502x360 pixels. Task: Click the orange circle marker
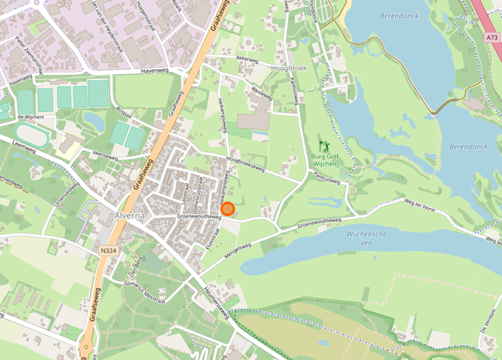(227, 209)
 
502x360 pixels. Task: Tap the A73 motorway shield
(491, 36)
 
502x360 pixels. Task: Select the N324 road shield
(108, 249)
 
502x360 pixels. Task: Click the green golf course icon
(324, 147)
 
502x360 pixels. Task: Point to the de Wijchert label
(31, 116)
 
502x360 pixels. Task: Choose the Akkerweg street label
(247, 60)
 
